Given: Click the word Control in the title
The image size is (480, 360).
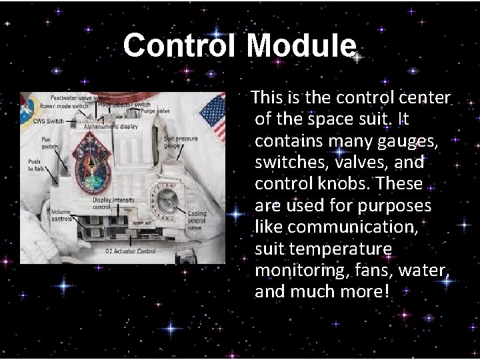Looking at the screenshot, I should pos(181,47).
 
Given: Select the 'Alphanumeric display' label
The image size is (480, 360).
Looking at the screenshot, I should pos(111,125).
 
